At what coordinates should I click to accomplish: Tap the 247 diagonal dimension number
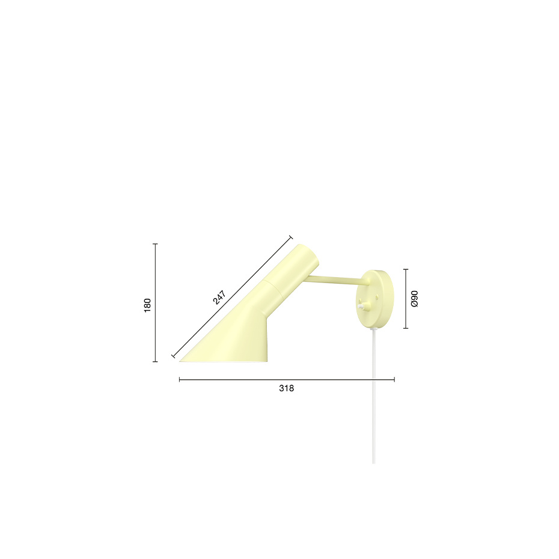219,298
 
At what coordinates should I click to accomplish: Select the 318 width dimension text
287,388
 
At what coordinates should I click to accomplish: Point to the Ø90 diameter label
414,298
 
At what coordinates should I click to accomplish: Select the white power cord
374,391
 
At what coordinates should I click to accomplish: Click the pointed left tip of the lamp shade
181,361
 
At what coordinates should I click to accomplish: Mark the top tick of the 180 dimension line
156,244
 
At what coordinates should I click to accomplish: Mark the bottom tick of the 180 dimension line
156,362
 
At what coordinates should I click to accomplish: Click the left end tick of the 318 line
180,379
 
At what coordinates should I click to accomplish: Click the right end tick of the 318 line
394,379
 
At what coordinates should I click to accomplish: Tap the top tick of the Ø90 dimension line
406,269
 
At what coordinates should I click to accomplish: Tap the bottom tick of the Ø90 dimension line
406,328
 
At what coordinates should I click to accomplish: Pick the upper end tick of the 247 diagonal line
290,237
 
